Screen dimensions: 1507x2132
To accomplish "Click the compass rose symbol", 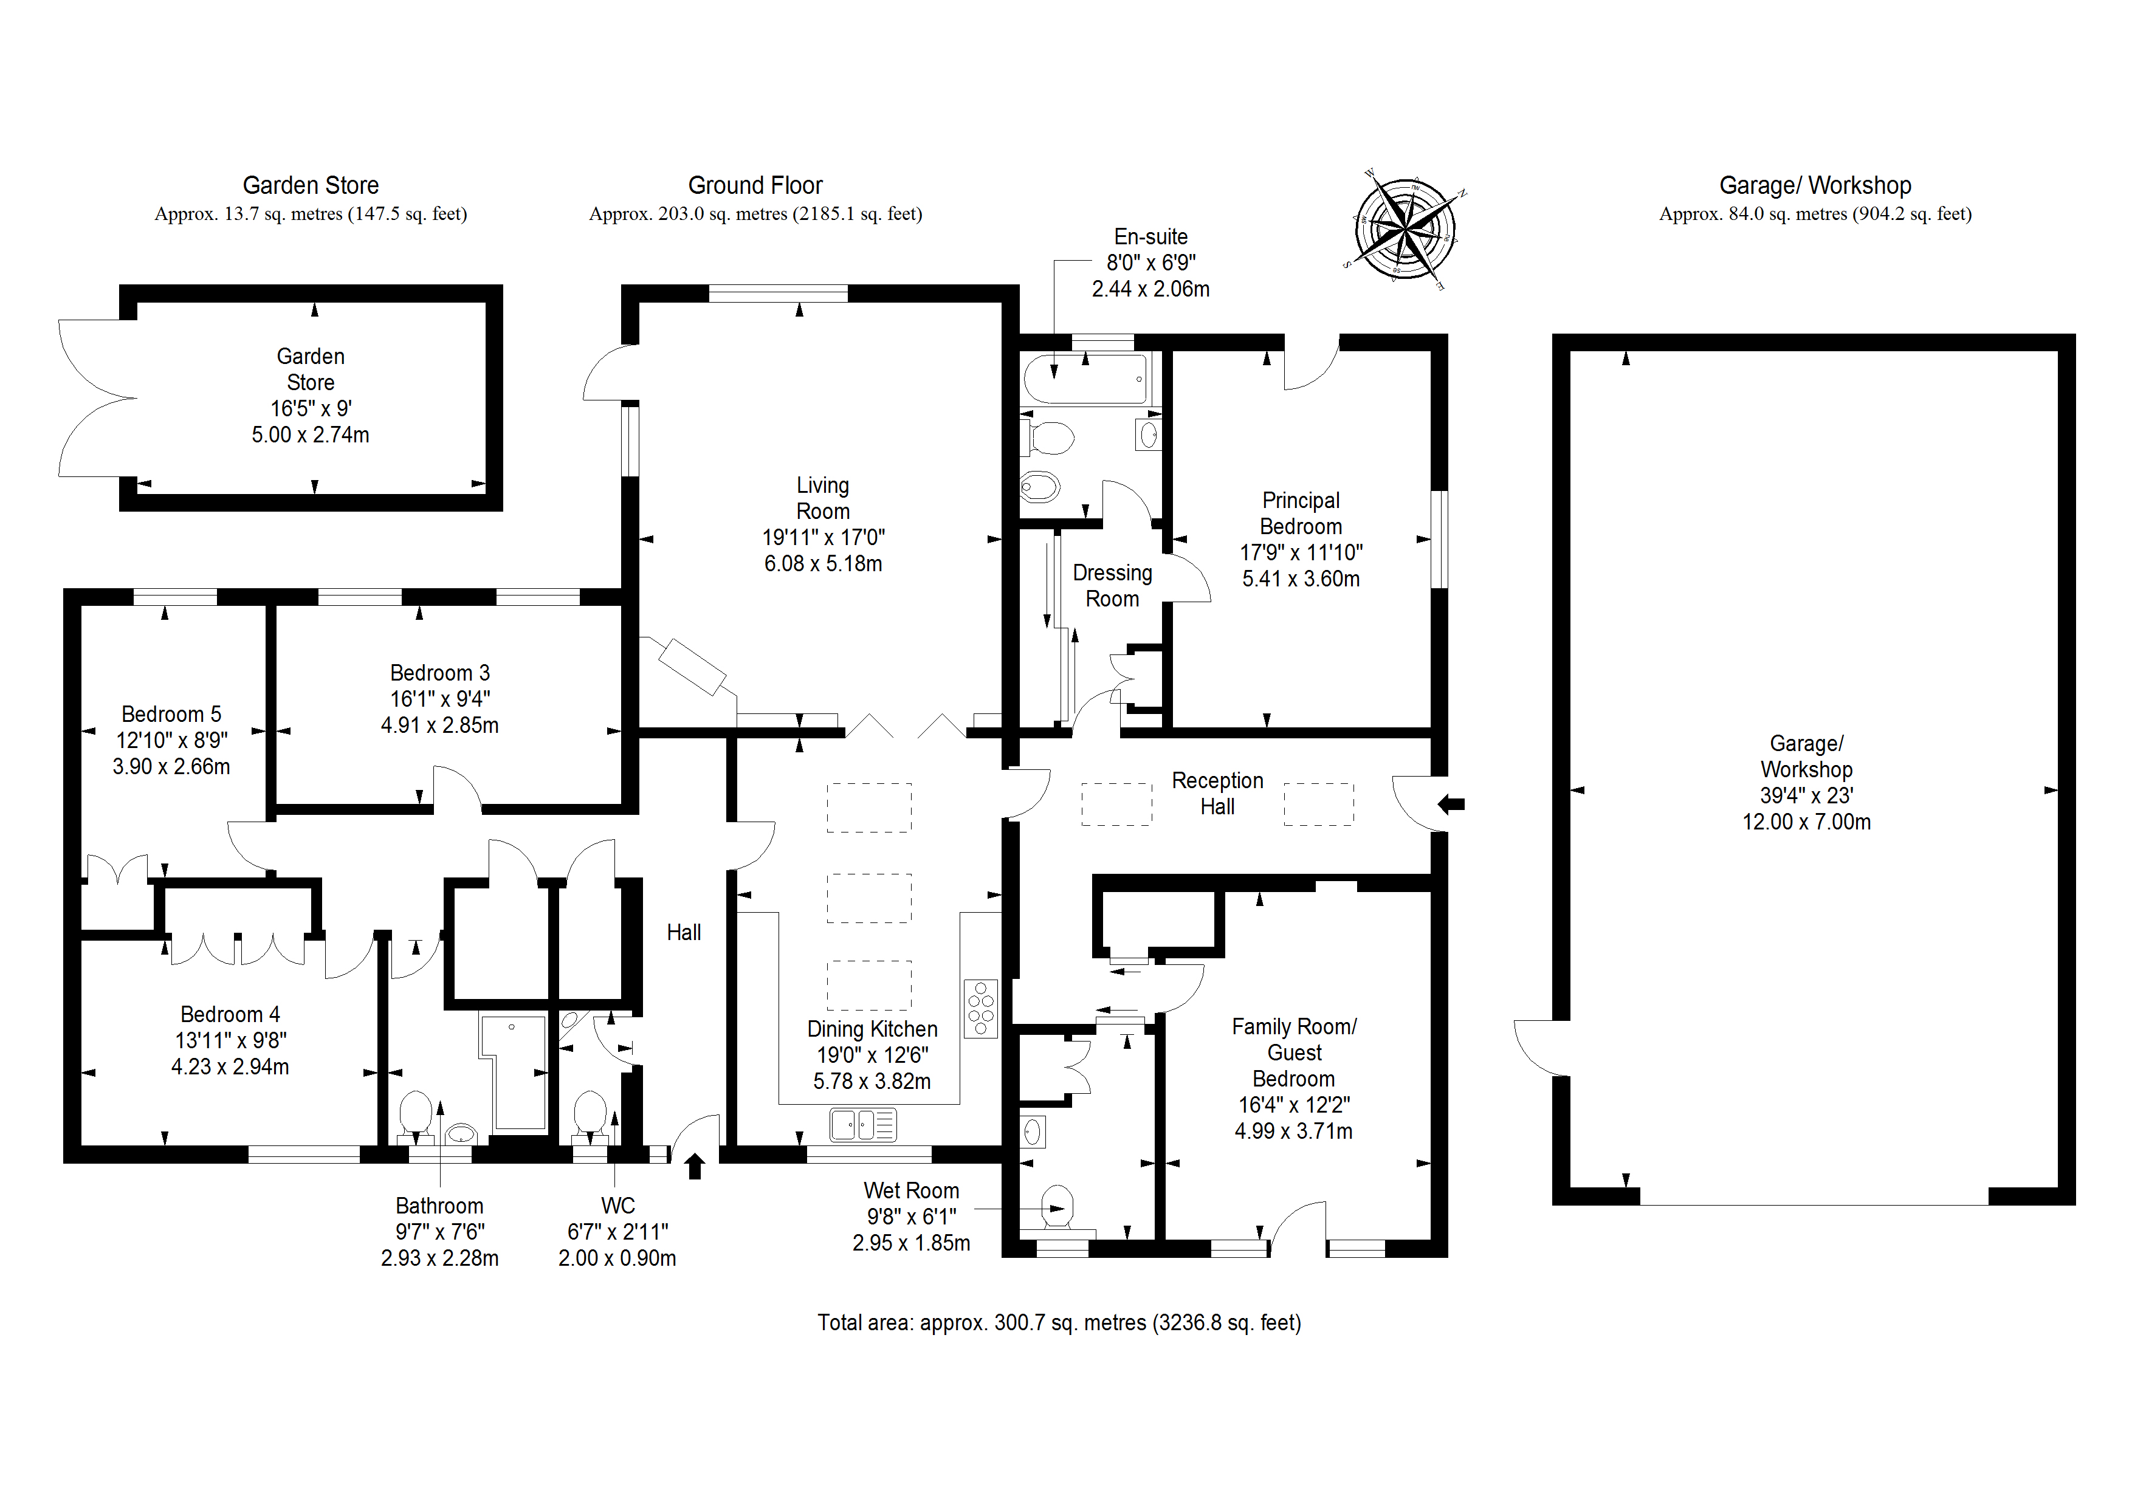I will pyautogui.click(x=1404, y=227).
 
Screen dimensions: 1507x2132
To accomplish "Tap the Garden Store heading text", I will pyautogui.click(x=310, y=186).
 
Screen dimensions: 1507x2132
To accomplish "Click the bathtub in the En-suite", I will pyautogui.click(x=1085, y=378).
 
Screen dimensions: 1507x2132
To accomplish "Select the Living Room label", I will pyautogui.click(x=823, y=499).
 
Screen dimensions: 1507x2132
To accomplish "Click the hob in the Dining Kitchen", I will pyautogui.click(x=980, y=1008).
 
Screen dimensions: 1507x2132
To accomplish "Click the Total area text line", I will pyautogui.click(x=1059, y=1322).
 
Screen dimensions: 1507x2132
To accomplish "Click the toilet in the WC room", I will pyautogui.click(x=590, y=1114).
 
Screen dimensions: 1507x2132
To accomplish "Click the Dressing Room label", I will pyautogui.click(x=1112, y=586).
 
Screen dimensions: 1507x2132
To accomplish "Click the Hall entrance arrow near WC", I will pyautogui.click(x=695, y=1166).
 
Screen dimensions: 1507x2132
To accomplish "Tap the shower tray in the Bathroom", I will pyautogui.click(x=514, y=1073).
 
